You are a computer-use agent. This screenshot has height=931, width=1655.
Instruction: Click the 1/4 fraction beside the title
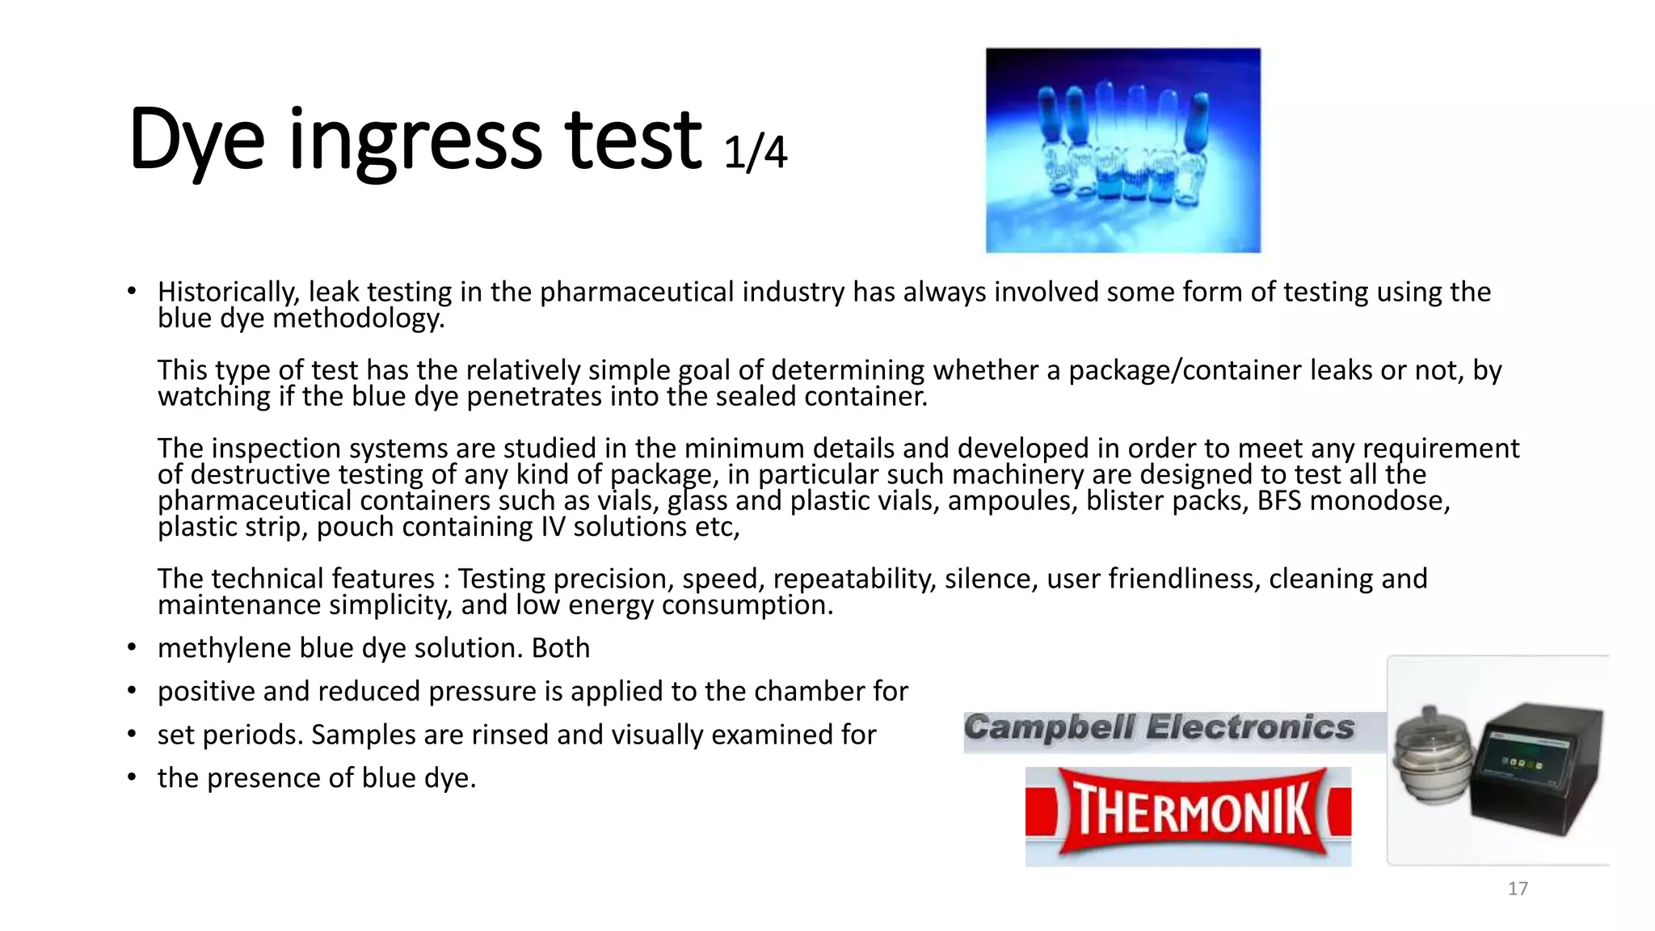pos(755,153)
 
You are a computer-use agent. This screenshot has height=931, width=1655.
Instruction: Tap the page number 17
pos(1518,889)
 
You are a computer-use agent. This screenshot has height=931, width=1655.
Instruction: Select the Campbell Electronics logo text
pos(1159,728)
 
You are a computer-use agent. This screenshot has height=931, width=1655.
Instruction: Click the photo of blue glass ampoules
pos(1122,150)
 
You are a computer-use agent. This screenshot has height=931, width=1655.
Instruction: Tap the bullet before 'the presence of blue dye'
pos(132,778)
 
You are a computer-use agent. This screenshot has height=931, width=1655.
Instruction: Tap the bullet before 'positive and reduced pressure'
pos(132,692)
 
